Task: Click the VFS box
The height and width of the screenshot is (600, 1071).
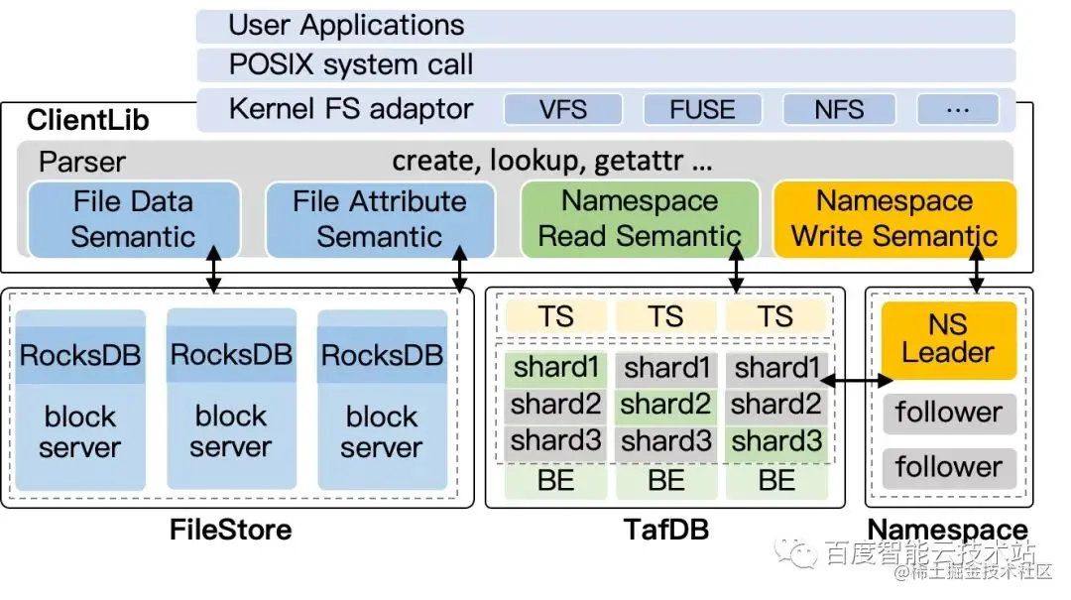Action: pos(563,109)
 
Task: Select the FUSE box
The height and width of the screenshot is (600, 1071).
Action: pos(701,109)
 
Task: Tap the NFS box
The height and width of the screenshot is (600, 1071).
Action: pos(839,109)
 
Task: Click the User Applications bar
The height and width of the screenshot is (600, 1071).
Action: pos(605,26)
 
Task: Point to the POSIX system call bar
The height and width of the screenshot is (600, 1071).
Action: pos(605,65)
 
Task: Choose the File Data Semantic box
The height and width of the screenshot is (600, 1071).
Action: pos(133,219)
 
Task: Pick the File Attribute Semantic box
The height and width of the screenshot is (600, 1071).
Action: pos(379,219)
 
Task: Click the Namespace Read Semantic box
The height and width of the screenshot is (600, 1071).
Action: pos(640,219)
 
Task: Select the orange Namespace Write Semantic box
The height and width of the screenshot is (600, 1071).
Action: pos(893,219)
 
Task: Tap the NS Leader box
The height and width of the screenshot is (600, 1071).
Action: pos(947,339)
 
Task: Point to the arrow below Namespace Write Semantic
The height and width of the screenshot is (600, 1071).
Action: pos(977,268)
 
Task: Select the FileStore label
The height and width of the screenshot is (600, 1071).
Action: pos(230,531)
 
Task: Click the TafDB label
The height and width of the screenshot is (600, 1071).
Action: pos(666,531)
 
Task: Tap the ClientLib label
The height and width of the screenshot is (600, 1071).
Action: pos(88,121)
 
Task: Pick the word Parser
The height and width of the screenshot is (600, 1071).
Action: pos(82,162)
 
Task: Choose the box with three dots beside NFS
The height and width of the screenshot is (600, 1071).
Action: pos(957,109)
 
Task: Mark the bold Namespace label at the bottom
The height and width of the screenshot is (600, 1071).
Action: pos(947,531)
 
